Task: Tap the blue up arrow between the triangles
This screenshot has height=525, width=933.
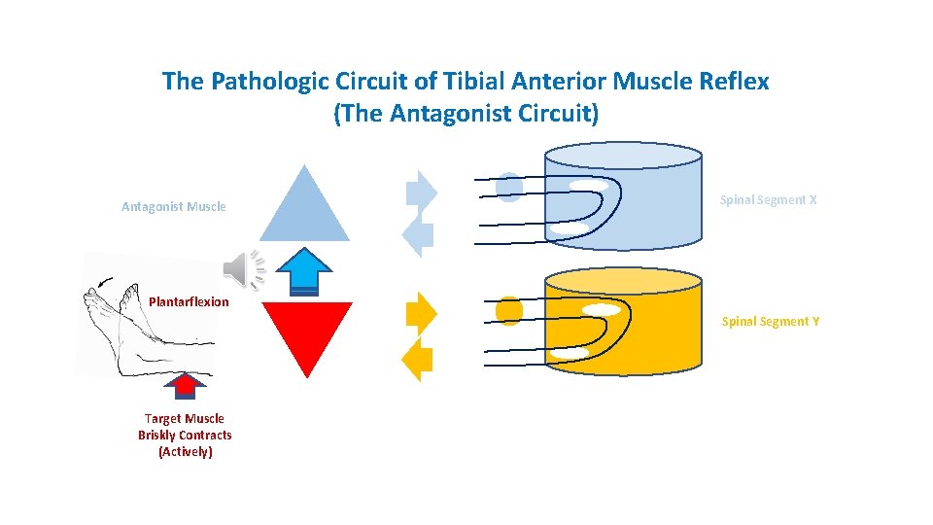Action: [x=305, y=271]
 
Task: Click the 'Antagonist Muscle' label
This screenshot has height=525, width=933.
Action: [x=173, y=206]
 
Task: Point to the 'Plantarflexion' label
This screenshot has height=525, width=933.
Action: [x=189, y=301]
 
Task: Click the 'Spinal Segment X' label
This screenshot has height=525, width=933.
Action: [x=768, y=199]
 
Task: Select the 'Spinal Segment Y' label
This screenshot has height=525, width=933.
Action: [x=770, y=321]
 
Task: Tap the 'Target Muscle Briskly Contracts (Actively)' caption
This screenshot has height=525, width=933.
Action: [x=185, y=435]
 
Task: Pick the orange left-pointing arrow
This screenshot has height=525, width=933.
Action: [x=417, y=360]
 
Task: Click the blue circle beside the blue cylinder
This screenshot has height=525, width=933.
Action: [x=509, y=186]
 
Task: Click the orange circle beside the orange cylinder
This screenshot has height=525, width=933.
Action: [x=509, y=310]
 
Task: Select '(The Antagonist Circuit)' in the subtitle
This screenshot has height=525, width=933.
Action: [x=466, y=114]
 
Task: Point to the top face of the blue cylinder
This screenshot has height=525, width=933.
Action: [x=622, y=156]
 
